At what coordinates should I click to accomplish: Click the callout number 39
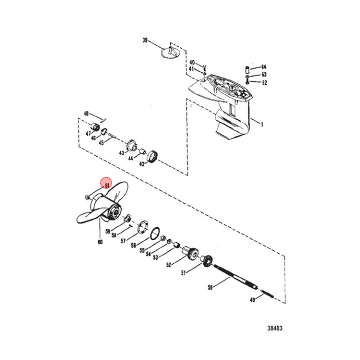pos(145,40)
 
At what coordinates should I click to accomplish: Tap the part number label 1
pos(261,124)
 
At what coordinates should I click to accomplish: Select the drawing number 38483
pos(275,328)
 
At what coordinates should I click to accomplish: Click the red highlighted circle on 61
pos(106,183)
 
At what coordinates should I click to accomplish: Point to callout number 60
pos(100,242)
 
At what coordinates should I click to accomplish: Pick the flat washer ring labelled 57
pos(142,227)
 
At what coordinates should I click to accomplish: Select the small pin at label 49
pos(267,294)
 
